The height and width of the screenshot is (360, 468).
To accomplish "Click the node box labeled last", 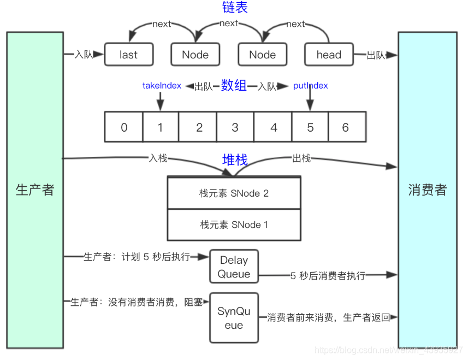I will [128, 55].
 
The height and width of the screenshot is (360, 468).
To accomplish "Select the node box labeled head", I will [329, 55].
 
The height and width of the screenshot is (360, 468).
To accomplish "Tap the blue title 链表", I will [234, 8].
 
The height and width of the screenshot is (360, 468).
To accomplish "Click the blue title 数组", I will [234, 85].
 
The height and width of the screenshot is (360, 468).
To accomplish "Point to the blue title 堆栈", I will [235, 160].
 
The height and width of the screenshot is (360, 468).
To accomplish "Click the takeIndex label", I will [162, 86].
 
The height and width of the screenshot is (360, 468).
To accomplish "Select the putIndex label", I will [310, 86].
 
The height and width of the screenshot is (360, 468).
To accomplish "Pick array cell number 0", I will [124, 127].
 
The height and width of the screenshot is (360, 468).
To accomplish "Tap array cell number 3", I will [235, 127].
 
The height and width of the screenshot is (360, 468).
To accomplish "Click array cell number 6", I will [346, 127].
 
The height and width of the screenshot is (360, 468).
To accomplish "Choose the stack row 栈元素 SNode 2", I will [234, 193].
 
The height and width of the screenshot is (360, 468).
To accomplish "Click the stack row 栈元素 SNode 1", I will [234, 225].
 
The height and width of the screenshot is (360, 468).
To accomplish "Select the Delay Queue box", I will [234, 267].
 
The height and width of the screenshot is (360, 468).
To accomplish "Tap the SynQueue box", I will [234, 318].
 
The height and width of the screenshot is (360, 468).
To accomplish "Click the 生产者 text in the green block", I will [35, 190].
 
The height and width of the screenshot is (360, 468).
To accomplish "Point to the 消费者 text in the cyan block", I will [427, 190].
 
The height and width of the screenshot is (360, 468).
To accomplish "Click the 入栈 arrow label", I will [158, 158].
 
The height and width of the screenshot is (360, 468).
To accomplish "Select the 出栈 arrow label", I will [301, 158].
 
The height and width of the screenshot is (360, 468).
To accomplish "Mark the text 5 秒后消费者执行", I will [328, 276].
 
